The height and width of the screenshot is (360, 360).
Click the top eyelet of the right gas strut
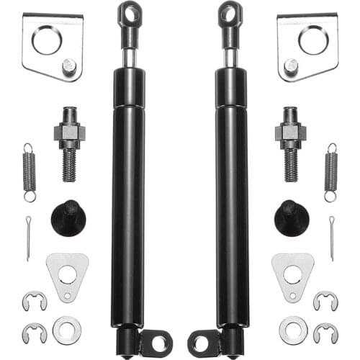point(230,13)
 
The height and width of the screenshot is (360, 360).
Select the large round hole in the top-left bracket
point(47,40)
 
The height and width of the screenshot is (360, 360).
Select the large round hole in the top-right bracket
point(313,40)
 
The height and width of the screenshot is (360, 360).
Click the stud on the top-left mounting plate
point(68,66)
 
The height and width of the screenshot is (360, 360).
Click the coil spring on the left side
point(28,172)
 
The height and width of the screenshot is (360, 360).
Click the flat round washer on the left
point(67,329)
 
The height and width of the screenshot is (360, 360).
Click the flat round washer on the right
point(293,329)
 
